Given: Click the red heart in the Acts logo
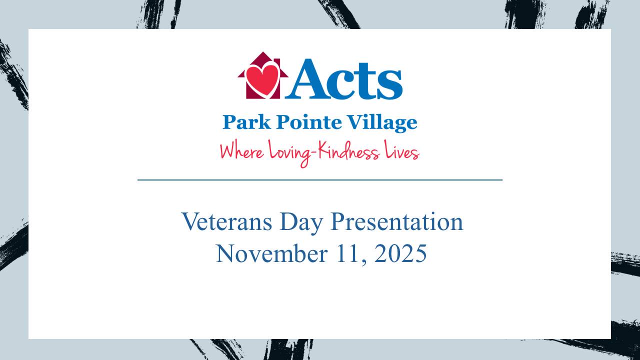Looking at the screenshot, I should [263, 79].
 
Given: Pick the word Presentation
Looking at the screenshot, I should [397, 221].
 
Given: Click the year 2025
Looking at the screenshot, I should [400, 253].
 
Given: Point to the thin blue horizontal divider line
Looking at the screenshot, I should [320, 179].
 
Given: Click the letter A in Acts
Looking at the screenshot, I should [310, 78].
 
